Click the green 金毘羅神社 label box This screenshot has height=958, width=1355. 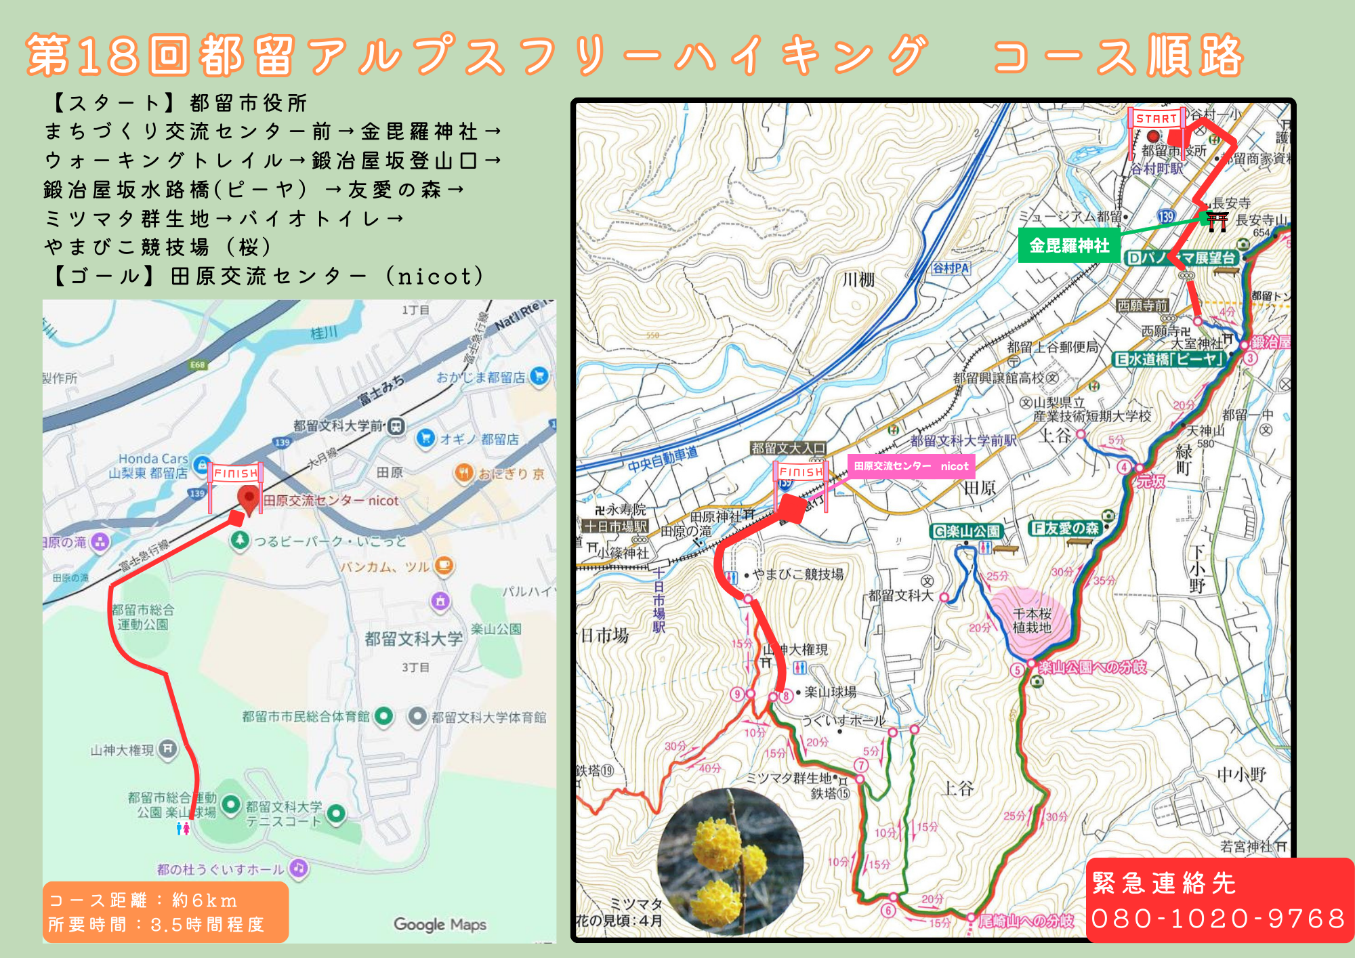coord(1069,245)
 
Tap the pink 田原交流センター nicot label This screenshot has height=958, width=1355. coord(911,466)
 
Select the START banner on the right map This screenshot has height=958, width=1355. coord(1156,119)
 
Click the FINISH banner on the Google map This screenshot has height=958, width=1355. coord(236,474)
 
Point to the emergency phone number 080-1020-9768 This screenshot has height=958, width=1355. coord(1218,919)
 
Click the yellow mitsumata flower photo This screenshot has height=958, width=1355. coord(730,862)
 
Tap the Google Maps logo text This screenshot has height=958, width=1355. coord(440,924)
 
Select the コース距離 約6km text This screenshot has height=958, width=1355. coord(143,900)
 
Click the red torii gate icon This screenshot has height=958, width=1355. coord(1217,221)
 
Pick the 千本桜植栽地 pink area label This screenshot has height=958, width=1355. coord(1032,620)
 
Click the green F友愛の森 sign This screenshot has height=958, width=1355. coord(1064,528)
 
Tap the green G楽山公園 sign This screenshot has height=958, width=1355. coord(967,532)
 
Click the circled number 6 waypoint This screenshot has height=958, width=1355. coord(888,911)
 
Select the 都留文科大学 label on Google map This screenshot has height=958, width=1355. coord(413,638)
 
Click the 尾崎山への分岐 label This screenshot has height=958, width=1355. coord(1026,921)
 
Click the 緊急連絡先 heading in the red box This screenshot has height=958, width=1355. coord(1164,883)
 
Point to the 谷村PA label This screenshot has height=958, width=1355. coord(951,268)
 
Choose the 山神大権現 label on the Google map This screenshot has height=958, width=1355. coord(123,750)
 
